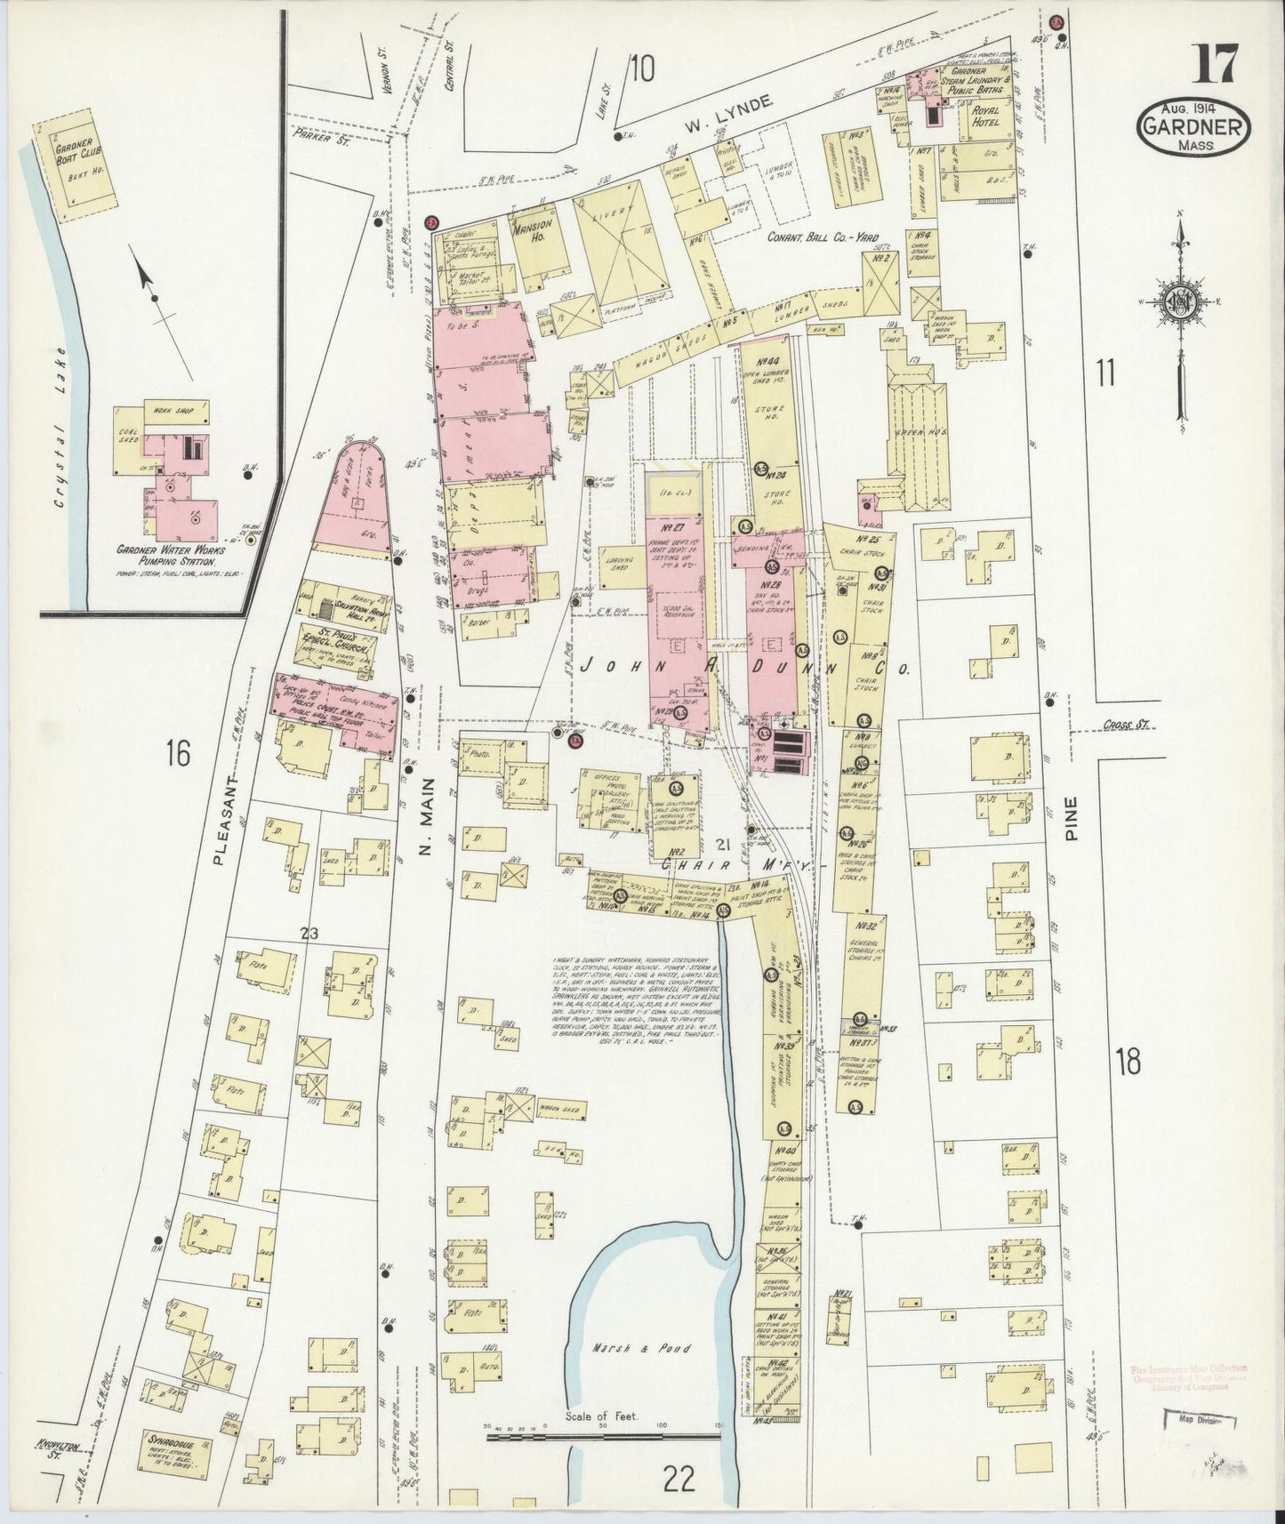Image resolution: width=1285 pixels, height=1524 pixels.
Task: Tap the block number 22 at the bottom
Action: [x=679, y=1480]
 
